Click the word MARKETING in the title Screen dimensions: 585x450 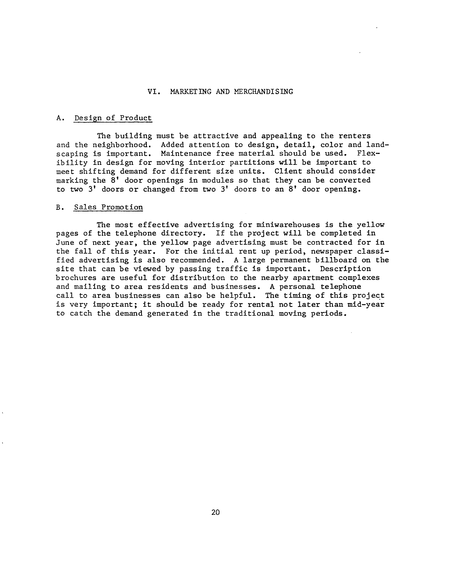[x=191, y=92]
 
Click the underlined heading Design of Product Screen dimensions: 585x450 [x=113, y=118]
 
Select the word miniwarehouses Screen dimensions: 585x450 [x=288, y=225]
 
